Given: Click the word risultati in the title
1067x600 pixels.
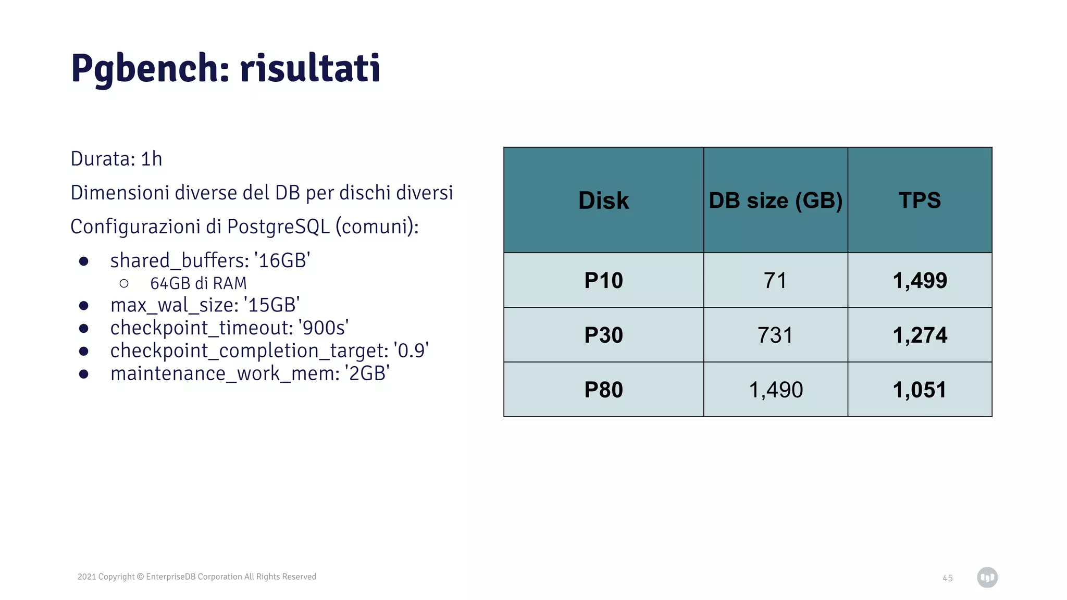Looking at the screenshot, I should [x=310, y=69].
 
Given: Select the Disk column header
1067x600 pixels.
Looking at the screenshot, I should [x=603, y=201].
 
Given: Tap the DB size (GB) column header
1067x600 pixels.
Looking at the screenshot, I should [x=775, y=201].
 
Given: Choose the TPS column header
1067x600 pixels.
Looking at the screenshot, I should [x=920, y=201].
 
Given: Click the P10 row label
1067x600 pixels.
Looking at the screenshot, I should [x=603, y=281].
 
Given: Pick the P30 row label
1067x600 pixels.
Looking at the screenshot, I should [x=603, y=335].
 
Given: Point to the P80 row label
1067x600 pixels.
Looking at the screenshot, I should [x=603, y=390].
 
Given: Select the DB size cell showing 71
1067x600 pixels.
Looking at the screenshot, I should [x=775, y=281].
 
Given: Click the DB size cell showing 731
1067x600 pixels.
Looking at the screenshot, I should [x=775, y=335].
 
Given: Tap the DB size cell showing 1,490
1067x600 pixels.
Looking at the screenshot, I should [x=776, y=390].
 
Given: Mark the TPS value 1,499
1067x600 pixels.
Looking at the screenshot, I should [x=920, y=281].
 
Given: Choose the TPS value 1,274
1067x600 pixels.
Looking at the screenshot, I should [x=920, y=335].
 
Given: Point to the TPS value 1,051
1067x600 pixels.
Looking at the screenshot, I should [x=920, y=390].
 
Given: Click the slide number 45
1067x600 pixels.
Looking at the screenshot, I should [x=947, y=578].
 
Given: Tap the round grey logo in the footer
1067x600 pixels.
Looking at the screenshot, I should [x=987, y=578].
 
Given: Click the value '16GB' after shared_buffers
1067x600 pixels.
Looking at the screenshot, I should [x=282, y=261].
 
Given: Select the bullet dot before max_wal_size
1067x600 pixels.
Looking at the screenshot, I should [x=83, y=306].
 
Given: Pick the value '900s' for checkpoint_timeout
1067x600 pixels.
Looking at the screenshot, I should [x=324, y=328].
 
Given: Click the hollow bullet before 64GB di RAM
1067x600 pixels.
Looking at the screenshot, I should [x=124, y=283].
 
